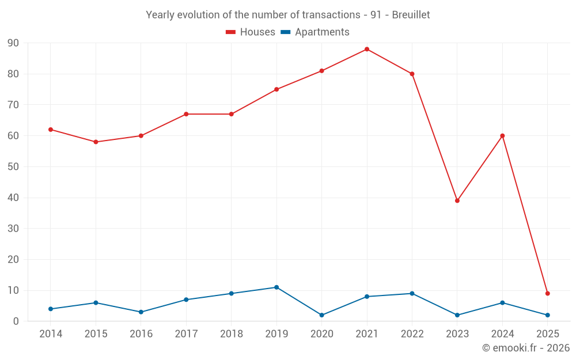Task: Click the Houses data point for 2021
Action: pyautogui.click(x=367, y=49)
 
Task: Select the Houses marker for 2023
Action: pyautogui.click(x=457, y=200)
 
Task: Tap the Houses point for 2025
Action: pyautogui.click(x=548, y=293)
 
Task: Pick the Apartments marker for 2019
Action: pyautogui.click(x=276, y=287)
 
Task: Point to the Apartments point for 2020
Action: pyautogui.click(x=322, y=315)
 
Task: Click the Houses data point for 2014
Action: pyautogui.click(x=51, y=130)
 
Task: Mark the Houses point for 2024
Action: pyautogui.click(x=502, y=136)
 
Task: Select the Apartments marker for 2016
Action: pyautogui.click(x=141, y=312)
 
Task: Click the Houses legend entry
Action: pyautogui.click(x=251, y=32)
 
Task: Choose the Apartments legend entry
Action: pyautogui.click(x=315, y=32)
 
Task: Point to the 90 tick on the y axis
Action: pyautogui.click(x=13, y=43)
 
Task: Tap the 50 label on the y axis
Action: pyautogui.click(x=13, y=167)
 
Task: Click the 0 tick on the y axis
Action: pyautogui.click(x=16, y=321)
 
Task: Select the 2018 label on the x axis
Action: pyautogui.click(x=232, y=334)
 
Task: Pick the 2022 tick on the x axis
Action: pyautogui.click(x=412, y=334)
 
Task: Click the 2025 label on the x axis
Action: pyautogui.click(x=548, y=334)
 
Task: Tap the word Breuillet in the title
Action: pyautogui.click(x=411, y=15)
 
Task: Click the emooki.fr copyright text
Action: pyautogui.click(x=526, y=348)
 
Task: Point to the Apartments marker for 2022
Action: pyautogui.click(x=412, y=293)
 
